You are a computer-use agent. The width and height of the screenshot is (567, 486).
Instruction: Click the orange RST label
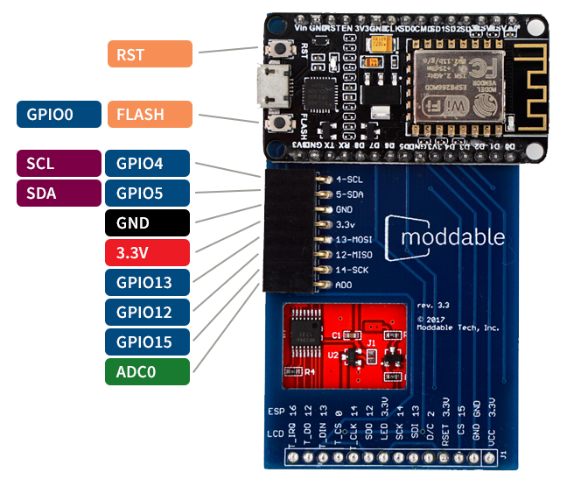pos(149,54)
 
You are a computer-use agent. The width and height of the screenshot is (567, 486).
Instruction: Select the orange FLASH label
pos(149,115)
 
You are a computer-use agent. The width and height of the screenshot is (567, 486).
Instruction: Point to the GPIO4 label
pos(147,164)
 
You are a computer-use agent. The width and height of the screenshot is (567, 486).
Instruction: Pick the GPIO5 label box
pos(147,193)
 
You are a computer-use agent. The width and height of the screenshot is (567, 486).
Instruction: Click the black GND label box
pos(147,223)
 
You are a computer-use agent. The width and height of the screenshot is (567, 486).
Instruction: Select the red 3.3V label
pos(147,253)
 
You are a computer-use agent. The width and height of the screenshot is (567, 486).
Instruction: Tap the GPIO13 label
pos(147,283)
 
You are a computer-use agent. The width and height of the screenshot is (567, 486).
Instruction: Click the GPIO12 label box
pos(147,312)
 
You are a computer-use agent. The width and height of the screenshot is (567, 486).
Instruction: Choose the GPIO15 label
pos(147,342)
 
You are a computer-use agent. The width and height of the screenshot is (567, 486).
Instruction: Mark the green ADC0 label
pos(147,371)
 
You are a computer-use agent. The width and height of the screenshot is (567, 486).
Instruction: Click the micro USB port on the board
pos(270,85)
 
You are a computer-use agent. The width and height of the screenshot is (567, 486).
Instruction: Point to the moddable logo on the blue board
pos(453,237)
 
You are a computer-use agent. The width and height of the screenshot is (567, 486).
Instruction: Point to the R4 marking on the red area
pos(309,370)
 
